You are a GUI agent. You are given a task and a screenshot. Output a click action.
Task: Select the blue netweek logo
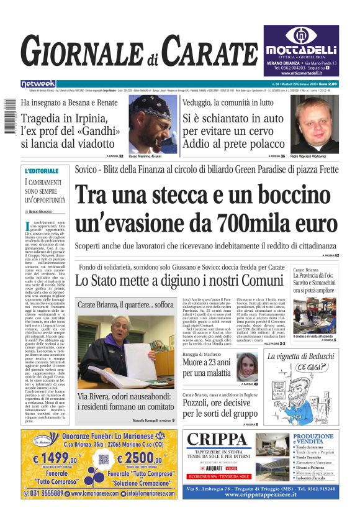pyautogui.click(x=38, y=83)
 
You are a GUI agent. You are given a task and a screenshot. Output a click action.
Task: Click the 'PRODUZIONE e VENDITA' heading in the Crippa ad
pyautogui.click(x=331, y=439)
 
